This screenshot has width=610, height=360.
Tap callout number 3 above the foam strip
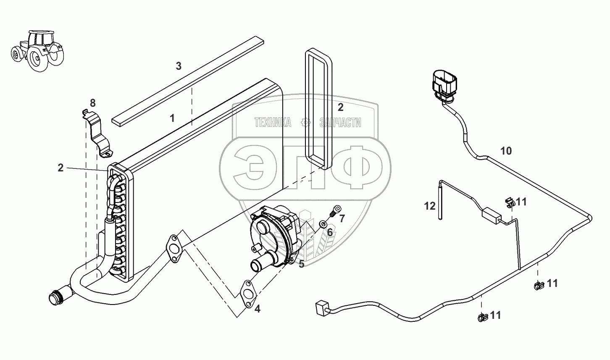click(179, 66)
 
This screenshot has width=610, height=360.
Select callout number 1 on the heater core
click(172, 118)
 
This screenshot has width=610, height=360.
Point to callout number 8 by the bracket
click(92, 102)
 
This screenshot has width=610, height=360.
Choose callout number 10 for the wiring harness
click(506, 151)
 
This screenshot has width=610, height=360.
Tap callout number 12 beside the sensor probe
click(430, 206)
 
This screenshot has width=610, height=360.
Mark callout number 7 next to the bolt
click(342, 218)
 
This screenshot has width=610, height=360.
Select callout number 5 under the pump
click(301, 264)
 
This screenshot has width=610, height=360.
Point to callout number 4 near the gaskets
click(257, 309)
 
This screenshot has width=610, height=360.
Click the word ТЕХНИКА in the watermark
click(273, 123)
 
